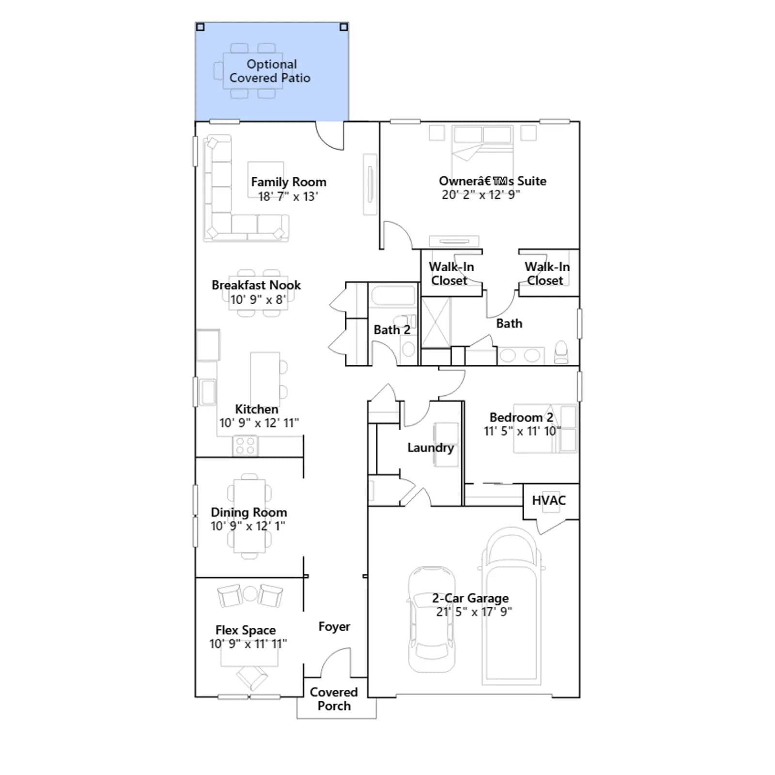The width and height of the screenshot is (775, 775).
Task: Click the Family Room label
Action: (288, 182)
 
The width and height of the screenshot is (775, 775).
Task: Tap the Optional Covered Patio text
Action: (270, 71)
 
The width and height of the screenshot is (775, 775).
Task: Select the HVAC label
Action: (549, 500)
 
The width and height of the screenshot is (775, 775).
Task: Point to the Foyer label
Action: (334, 627)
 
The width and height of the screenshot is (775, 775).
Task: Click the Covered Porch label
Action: (334, 699)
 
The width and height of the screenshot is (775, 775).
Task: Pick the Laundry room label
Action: (431, 448)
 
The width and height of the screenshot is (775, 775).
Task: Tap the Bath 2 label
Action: (392, 330)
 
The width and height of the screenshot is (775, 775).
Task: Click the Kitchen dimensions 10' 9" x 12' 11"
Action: (259, 423)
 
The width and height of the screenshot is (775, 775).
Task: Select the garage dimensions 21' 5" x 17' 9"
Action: (474, 612)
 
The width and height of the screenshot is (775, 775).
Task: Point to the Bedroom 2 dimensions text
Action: (522, 431)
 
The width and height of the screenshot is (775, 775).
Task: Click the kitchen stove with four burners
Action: (245, 446)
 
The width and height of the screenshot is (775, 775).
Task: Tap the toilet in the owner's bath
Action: (561, 352)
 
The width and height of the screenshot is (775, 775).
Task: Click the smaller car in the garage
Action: (432, 619)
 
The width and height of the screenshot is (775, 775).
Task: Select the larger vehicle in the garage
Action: (512, 606)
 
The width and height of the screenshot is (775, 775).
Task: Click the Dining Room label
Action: (248, 512)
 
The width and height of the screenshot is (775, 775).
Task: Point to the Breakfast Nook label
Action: (256, 285)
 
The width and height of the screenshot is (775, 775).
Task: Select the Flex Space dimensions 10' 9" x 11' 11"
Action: (248, 644)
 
